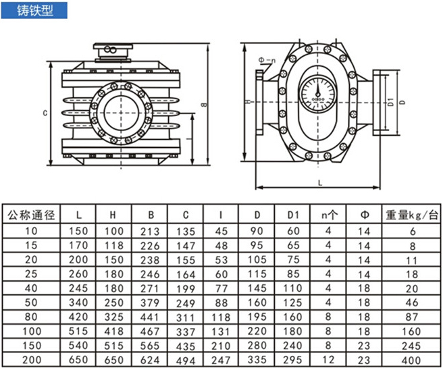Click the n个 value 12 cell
[x=328, y=361]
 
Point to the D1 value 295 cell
[x=292, y=361]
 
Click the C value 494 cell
[x=186, y=361]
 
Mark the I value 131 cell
[x=221, y=332]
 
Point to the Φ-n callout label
[x=267, y=61]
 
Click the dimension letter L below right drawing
[x=319, y=182]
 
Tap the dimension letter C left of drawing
[x=45, y=113]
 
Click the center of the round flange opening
[x=122, y=111]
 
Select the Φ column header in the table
[x=364, y=216]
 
